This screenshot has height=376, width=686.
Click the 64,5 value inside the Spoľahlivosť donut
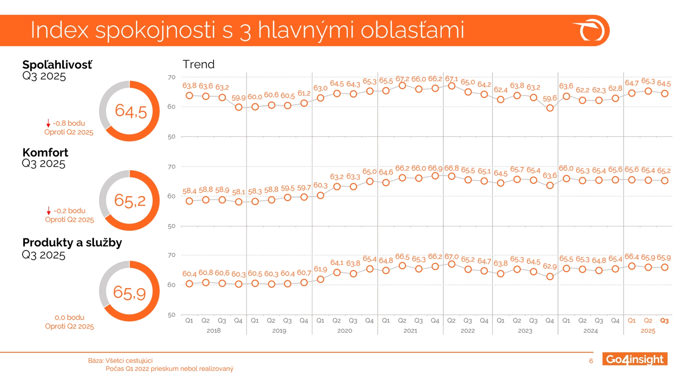pyautogui.click(x=131, y=111)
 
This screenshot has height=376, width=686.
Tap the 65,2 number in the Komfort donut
pyautogui.click(x=130, y=201)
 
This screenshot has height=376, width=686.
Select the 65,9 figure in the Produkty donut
pyautogui.click(x=129, y=293)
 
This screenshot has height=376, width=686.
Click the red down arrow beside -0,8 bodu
pyautogui.click(x=48, y=123)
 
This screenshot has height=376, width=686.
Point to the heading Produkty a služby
pyautogui.click(x=72, y=243)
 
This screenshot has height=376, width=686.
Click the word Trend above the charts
pyautogui.click(x=199, y=64)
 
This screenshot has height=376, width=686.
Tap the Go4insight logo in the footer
pyautogui.click(x=635, y=359)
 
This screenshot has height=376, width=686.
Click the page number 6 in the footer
pyautogui.click(x=591, y=361)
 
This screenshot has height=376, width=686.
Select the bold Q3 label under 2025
pyautogui.click(x=664, y=321)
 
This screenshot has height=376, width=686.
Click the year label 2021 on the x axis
pyautogui.click(x=410, y=331)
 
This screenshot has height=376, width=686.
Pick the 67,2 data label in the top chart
pyautogui.click(x=402, y=79)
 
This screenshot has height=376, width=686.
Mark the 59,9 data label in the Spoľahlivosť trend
pyautogui.click(x=238, y=98)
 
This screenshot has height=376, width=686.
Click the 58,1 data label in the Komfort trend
pyautogui.click(x=238, y=192)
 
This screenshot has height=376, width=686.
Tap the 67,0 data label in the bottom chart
pyautogui.click(x=451, y=256)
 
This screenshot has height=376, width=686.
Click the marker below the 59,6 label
pyautogui.click(x=550, y=108)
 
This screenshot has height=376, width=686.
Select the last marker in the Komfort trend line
pyautogui.click(x=665, y=180)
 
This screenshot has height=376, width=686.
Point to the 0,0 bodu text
pyautogui.click(x=69, y=318)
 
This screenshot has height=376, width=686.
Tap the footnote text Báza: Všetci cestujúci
pyautogui.click(x=120, y=361)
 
